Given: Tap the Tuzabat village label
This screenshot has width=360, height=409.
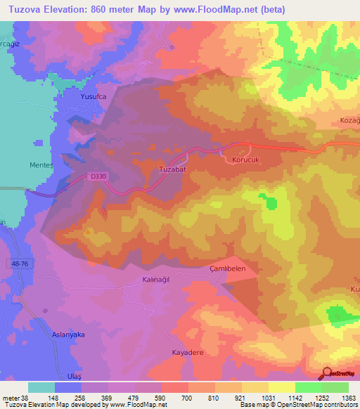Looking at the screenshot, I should pyautogui.click(x=172, y=169).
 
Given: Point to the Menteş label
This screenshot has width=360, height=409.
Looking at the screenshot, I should pyautogui.click(x=43, y=166).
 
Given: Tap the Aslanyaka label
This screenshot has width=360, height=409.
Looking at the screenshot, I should pyautogui.click(x=68, y=335).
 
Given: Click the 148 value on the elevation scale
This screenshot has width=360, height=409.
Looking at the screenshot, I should pyautogui.click(x=54, y=398).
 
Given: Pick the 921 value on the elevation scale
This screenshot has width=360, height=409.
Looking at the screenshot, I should pyautogui.click(x=241, y=398).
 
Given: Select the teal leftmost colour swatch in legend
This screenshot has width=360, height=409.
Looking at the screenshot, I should pyautogui.click(x=41, y=387).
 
